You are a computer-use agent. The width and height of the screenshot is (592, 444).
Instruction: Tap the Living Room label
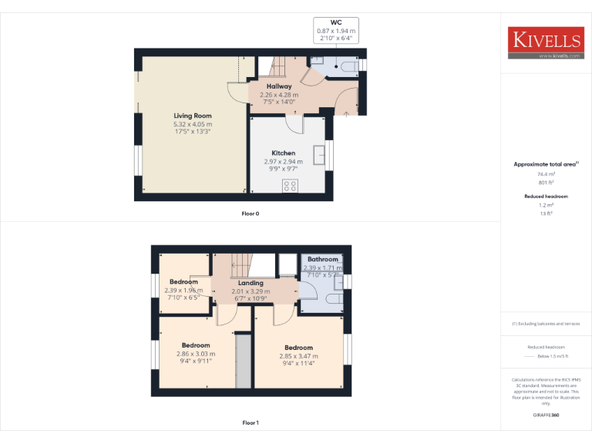tap(193, 116)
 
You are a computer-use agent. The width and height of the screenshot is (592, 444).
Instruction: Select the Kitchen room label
tap(283, 153)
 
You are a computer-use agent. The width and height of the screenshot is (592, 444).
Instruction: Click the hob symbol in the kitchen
tap(291, 185)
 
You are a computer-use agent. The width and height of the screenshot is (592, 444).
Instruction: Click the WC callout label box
tap(335, 30)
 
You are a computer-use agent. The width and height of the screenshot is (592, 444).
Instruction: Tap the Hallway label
tap(279, 86)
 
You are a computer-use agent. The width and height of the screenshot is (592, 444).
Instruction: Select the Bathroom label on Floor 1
tap(323, 260)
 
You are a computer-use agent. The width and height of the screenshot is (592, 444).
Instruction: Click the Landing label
tap(251, 284)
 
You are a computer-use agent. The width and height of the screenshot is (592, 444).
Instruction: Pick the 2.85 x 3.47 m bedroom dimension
tap(298, 356)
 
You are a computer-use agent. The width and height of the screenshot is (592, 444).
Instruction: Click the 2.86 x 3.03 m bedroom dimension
tap(196, 353)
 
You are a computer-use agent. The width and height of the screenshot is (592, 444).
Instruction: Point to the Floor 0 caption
tap(251, 213)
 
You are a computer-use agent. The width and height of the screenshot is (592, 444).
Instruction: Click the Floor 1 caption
tap(251, 422)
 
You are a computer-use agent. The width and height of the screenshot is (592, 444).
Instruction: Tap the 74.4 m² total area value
tap(546, 175)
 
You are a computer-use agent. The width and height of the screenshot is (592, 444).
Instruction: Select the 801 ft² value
tap(546, 183)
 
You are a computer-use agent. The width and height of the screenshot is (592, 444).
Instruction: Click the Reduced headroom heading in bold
tap(546, 197)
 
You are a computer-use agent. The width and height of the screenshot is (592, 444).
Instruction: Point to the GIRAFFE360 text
tap(546, 415)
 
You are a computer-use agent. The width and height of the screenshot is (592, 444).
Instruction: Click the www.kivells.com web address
tap(554, 56)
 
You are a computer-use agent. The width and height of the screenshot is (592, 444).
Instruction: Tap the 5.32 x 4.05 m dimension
tap(193, 124)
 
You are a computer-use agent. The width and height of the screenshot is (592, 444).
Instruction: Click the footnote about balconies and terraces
tap(546, 324)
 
